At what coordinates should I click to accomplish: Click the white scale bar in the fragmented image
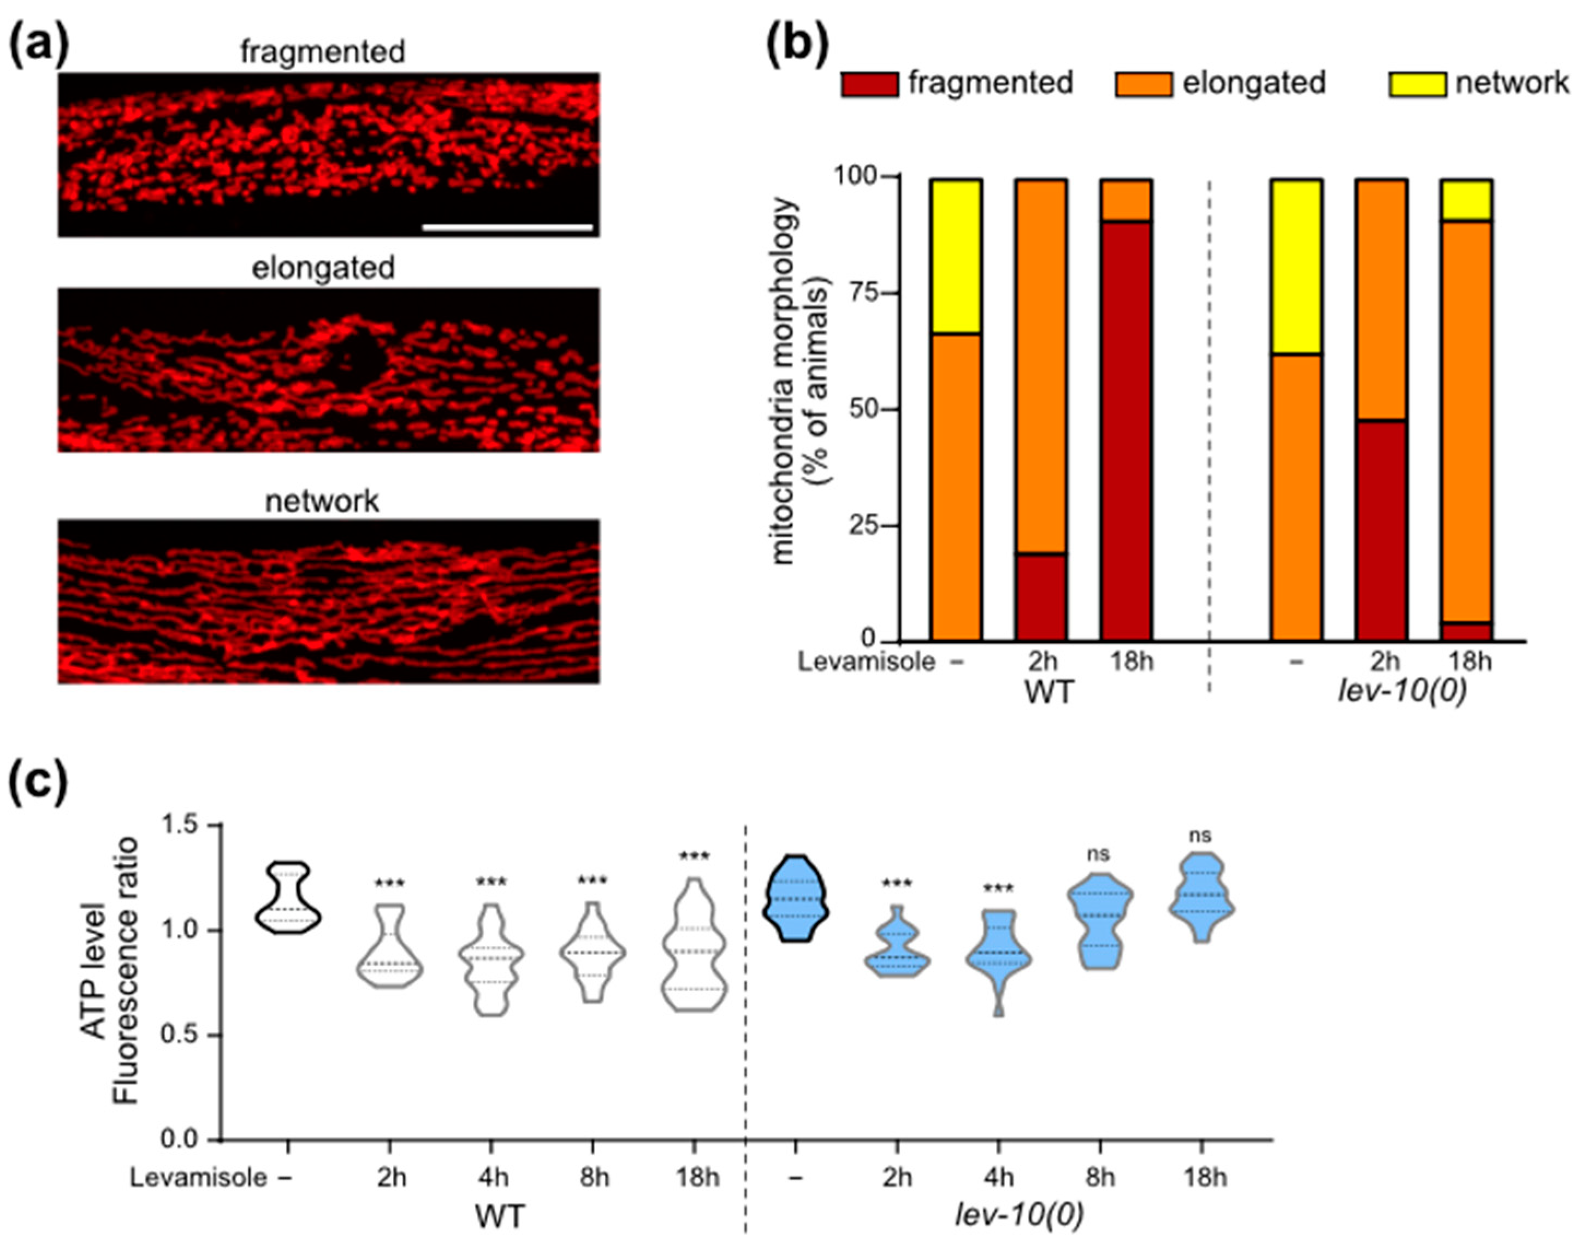pos(508,228)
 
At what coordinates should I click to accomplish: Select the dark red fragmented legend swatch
pos(869,85)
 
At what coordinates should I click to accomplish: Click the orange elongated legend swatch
pos(1144,85)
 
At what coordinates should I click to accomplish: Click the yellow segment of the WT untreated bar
pos(955,256)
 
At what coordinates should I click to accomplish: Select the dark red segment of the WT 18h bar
pos(1126,430)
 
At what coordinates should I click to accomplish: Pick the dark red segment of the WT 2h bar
pos(1041,597)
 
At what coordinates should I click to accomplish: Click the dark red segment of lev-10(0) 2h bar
pos(1381,530)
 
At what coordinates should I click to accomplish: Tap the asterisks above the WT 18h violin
pos(694,857)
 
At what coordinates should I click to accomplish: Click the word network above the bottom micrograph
pos(322,501)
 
